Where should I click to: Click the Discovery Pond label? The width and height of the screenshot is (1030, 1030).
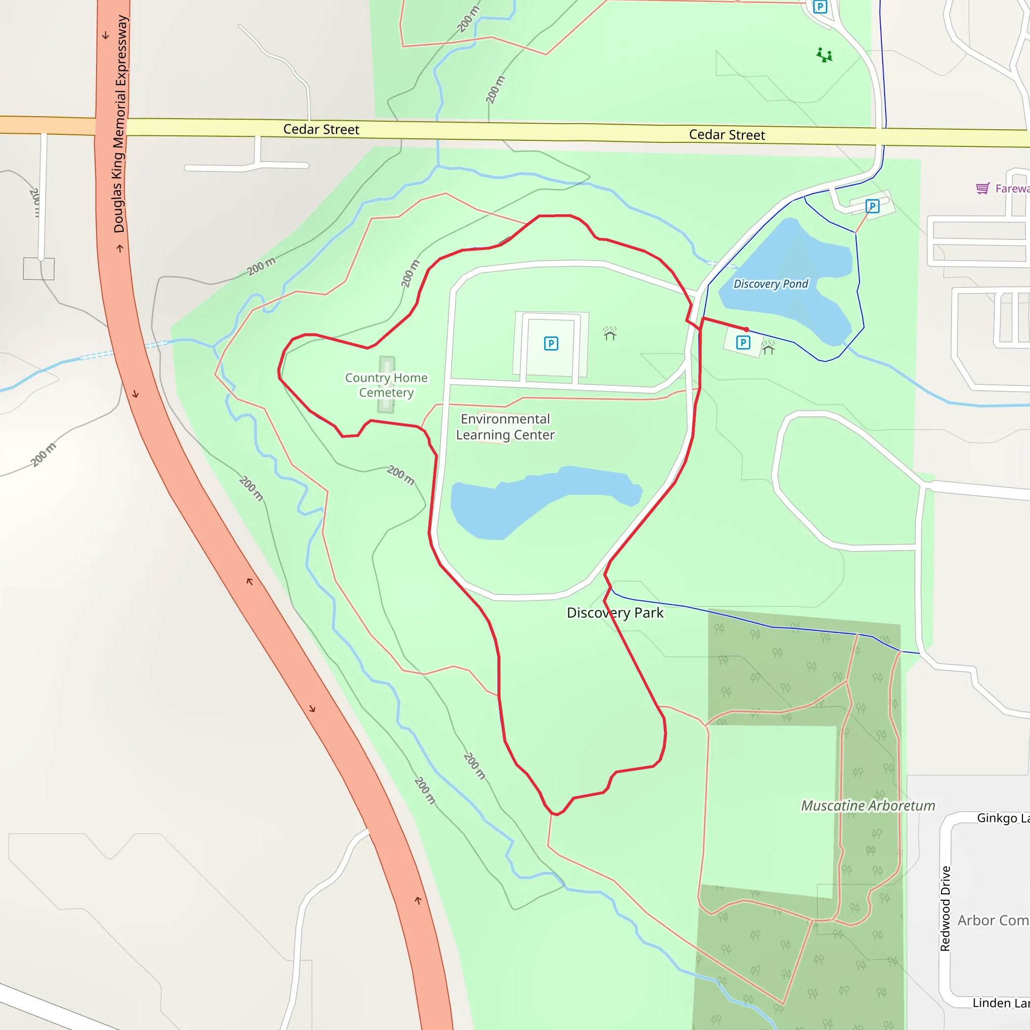click(x=770, y=284)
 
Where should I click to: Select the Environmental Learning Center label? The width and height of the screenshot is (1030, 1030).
click(x=505, y=427)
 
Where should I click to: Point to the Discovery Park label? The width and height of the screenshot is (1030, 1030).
click(x=615, y=613)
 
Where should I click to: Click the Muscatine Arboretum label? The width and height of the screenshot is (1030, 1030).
click(x=868, y=806)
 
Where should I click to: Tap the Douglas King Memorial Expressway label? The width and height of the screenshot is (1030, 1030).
click(x=121, y=124)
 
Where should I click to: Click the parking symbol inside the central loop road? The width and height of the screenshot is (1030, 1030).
click(x=551, y=344)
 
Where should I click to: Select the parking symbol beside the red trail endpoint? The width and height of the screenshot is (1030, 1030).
click(x=743, y=342)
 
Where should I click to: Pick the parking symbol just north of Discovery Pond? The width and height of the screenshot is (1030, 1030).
click(x=872, y=206)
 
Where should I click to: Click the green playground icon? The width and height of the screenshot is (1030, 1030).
click(x=824, y=55)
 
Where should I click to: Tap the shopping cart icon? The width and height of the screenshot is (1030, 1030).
click(x=983, y=188)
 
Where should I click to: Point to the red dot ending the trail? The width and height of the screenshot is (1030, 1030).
click(x=746, y=329)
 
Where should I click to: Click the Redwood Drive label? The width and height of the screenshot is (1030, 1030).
click(x=945, y=908)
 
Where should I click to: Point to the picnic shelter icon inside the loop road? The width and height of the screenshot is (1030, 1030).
click(x=610, y=334)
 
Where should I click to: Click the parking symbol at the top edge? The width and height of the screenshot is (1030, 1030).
click(x=820, y=7)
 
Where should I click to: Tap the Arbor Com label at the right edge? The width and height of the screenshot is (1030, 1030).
click(x=993, y=921)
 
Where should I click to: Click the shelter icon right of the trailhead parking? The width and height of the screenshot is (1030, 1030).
click(x=768, y=348)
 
